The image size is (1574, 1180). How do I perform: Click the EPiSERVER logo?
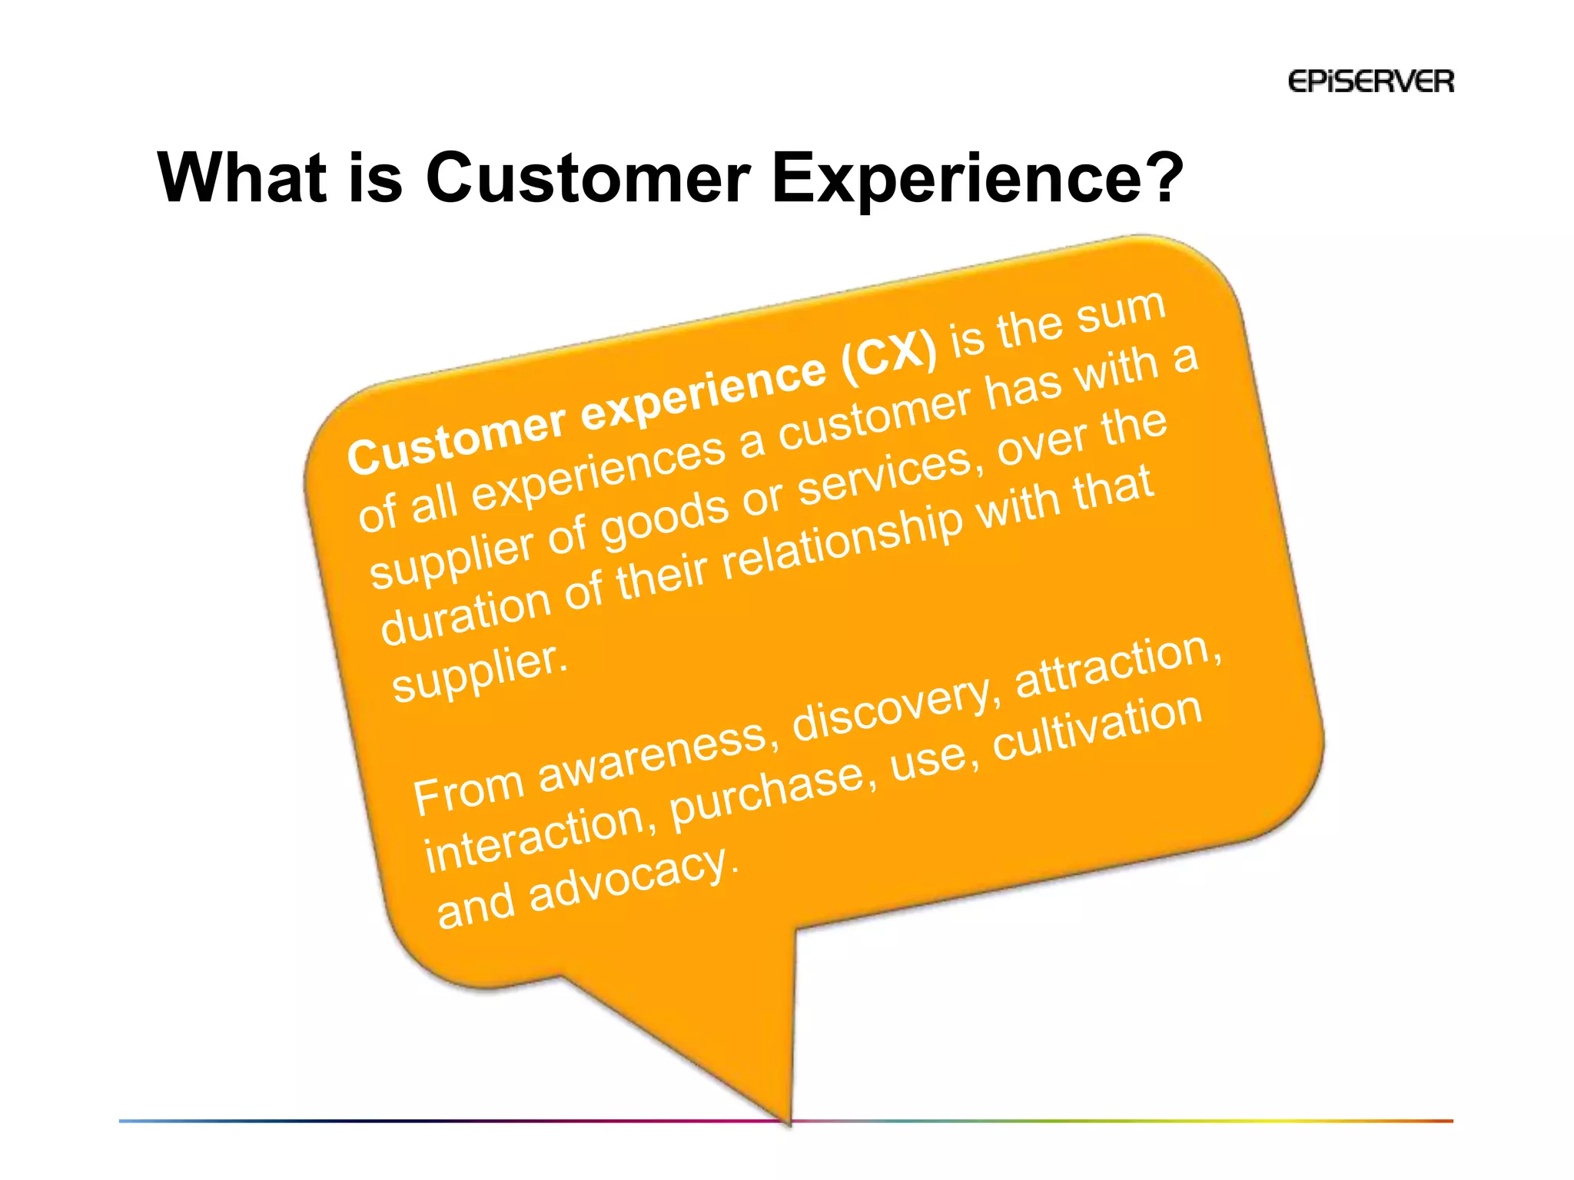[x=1370, y=81]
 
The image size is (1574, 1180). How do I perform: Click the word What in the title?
[x=241, y=178]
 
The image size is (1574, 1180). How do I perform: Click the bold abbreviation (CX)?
[x=889, y=356]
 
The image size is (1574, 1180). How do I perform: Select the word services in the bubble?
[x=885, y=473]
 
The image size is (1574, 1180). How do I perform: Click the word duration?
[x=465, y=615]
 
